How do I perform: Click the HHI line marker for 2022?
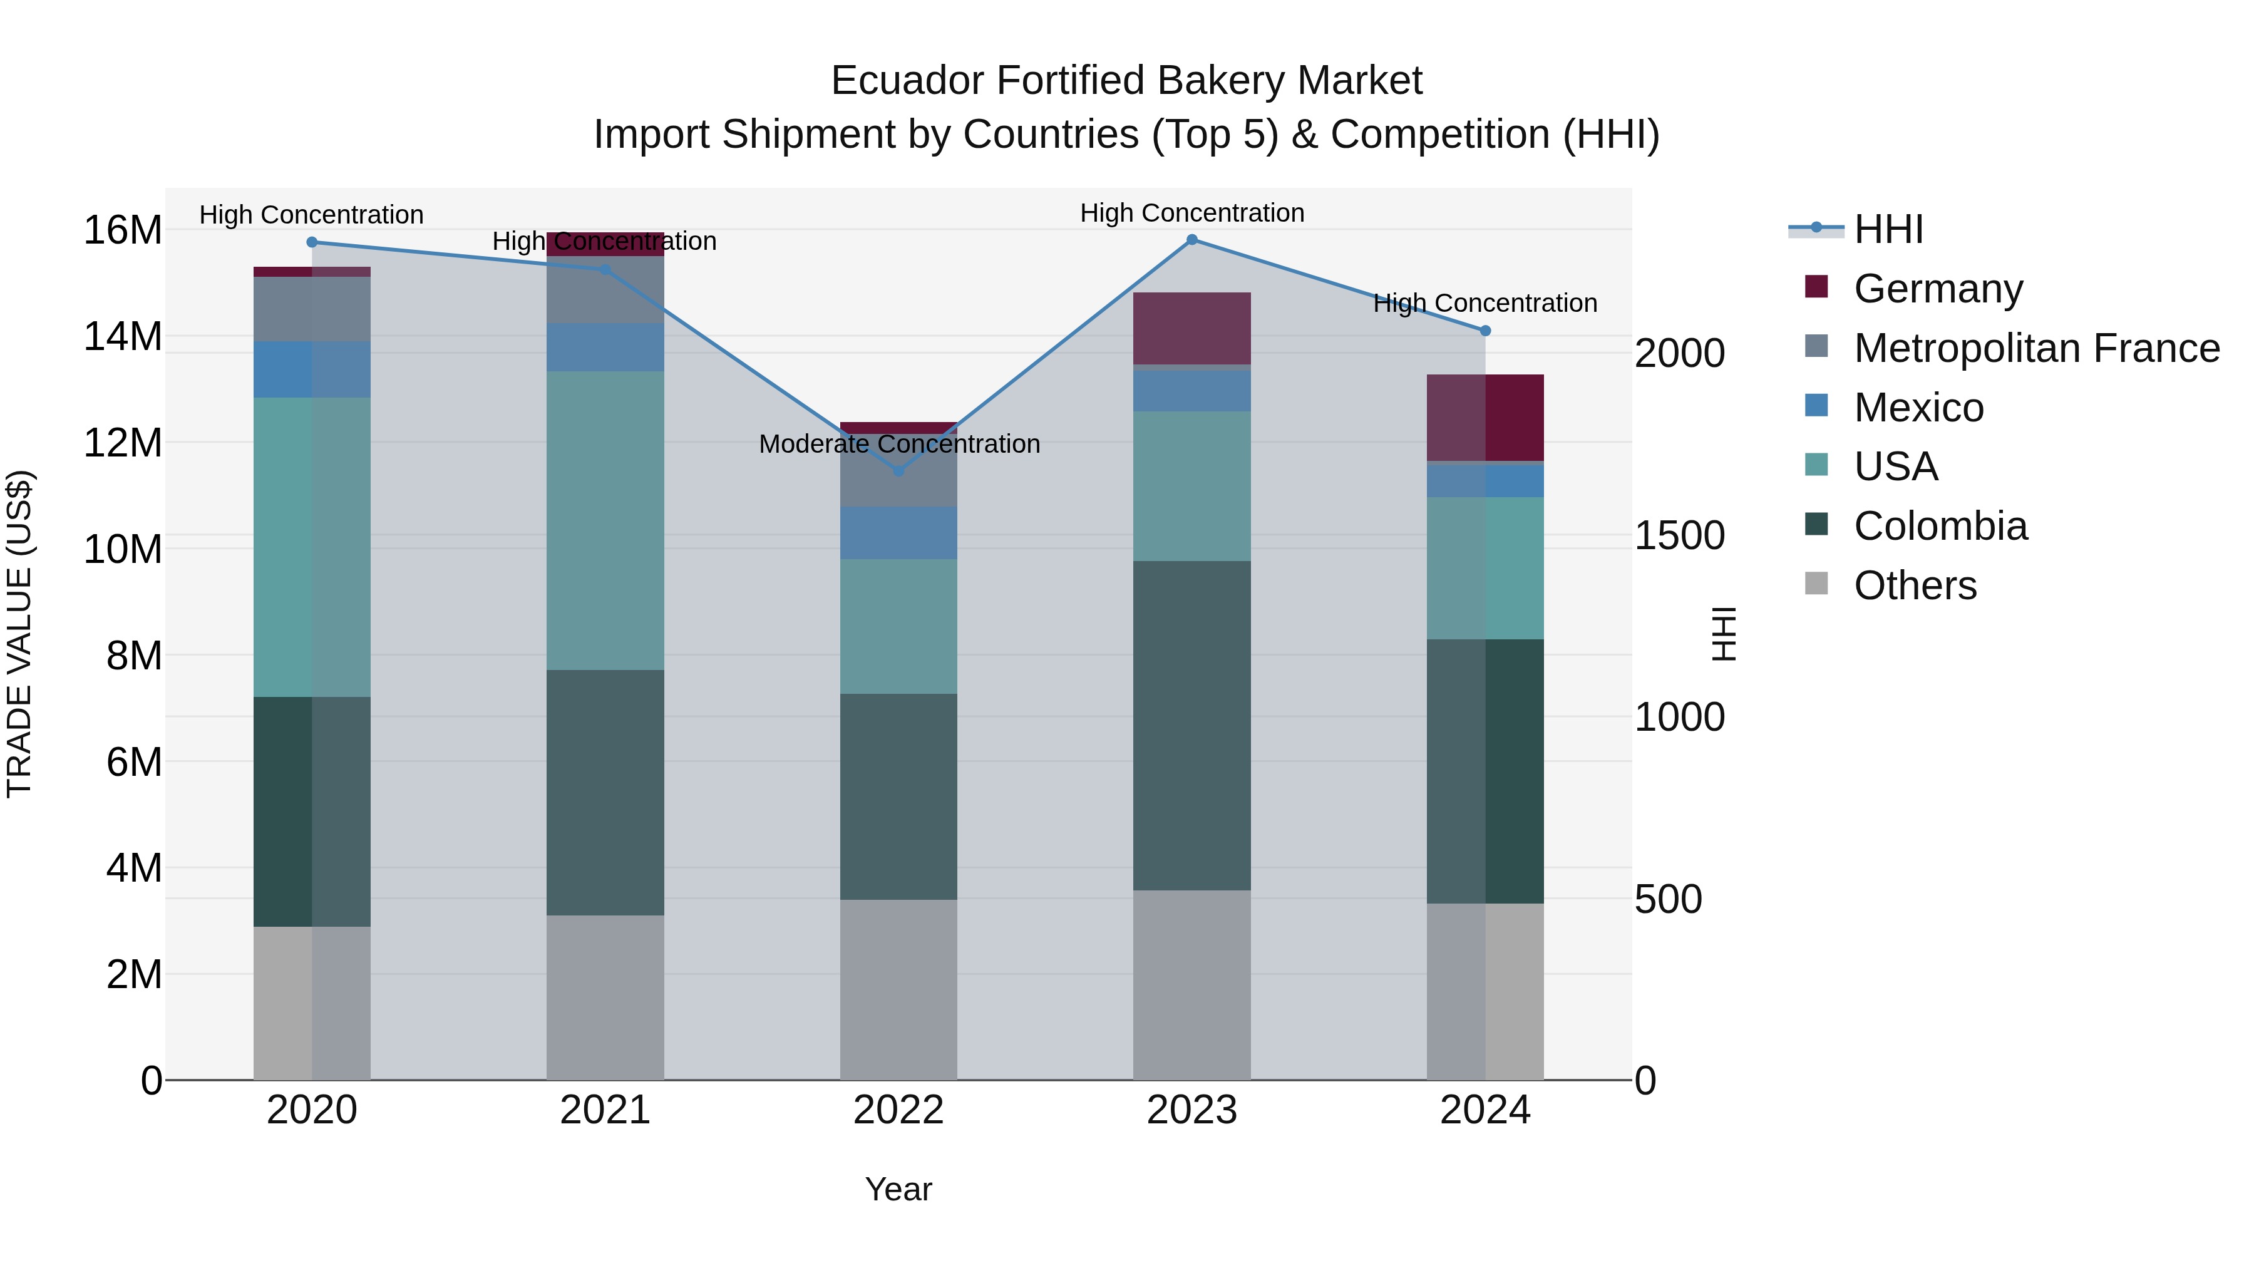click(898, 471)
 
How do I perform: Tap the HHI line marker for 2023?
click(1191, 240)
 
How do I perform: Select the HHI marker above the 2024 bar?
click(1485, 331)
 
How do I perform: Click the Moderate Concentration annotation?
click(898, 444)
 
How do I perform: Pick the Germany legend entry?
click(1938, 289)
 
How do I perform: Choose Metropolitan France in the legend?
click(2036, 348)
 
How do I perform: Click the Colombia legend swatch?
click(1816, 525)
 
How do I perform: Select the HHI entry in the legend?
click(1888, 229)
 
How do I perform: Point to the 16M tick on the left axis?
click(123, 230)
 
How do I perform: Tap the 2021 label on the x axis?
click(605, 1110)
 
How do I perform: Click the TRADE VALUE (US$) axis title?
click(19, 634)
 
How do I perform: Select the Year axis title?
click(898, 1189)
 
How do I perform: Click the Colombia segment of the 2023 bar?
click(1191, 726)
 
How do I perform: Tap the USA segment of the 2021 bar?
click(605, 521)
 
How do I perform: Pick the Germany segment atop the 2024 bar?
click(1485, 418)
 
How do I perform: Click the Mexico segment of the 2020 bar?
click(312, 369)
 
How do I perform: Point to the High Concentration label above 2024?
click(1485, 303)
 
